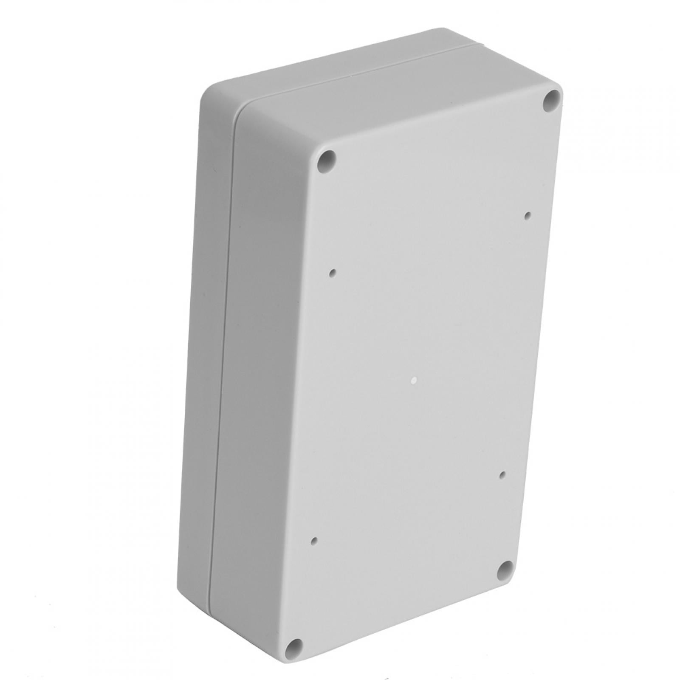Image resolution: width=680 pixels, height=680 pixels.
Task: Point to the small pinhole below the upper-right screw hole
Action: tap(528, 215)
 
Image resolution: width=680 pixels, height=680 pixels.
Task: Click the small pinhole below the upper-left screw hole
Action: tap(333, 272)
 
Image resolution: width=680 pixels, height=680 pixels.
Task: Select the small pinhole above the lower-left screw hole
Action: tap(314, 541)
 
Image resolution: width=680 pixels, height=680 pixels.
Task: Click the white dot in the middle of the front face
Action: tap(413, 381)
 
